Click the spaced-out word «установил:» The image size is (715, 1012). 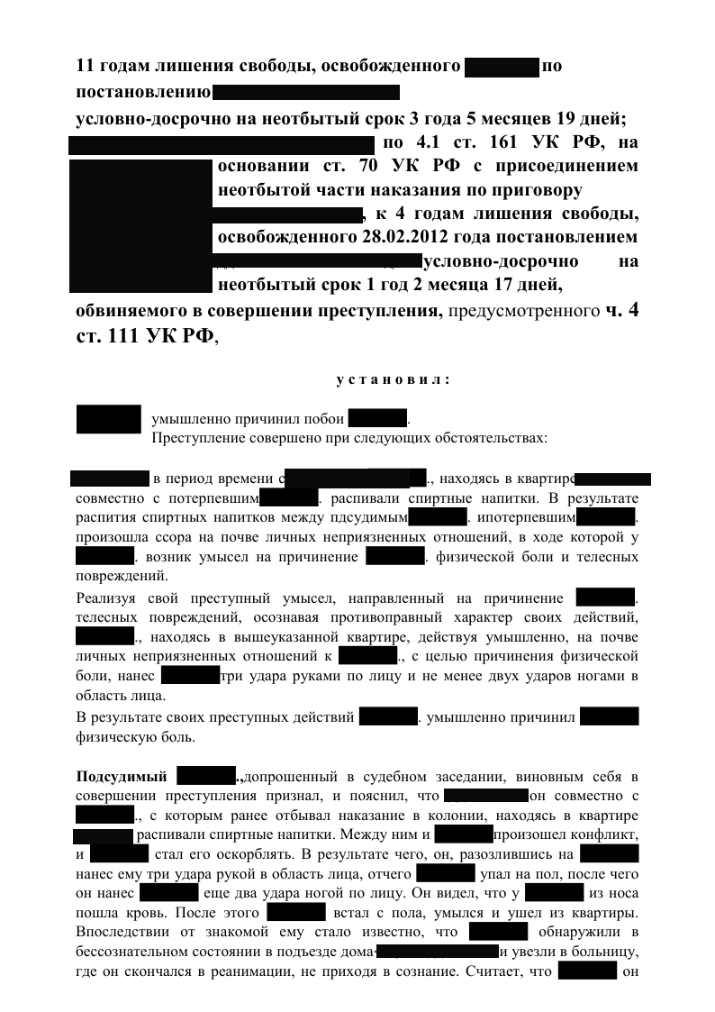(392, 379)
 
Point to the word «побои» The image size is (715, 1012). (321, 419)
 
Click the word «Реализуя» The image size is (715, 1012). (107, 597)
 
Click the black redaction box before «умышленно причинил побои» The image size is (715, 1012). (109, 419)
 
